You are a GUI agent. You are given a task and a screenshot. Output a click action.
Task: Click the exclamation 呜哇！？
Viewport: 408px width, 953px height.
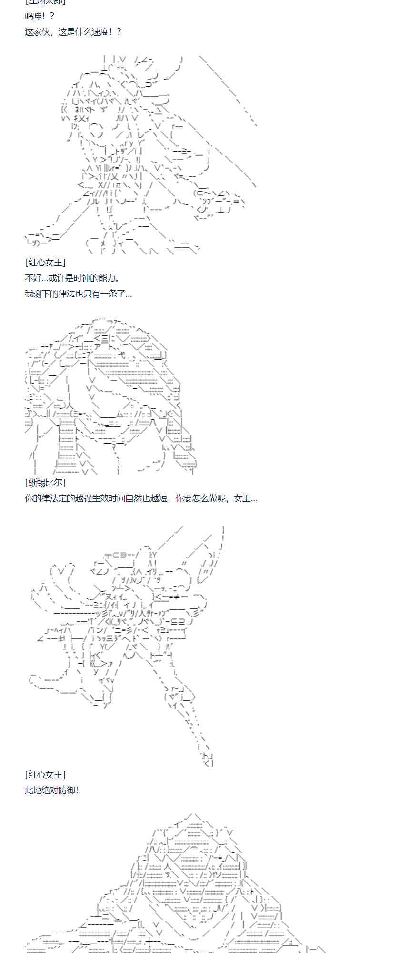click(x=40, y=16)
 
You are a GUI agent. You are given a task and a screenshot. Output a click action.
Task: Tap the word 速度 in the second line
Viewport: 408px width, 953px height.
click(x=100, y=32)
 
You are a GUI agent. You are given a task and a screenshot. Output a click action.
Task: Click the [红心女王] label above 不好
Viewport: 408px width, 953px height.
click(x=45, y=262)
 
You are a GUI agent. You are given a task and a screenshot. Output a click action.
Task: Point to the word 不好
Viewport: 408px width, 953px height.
click(x=33, y=278)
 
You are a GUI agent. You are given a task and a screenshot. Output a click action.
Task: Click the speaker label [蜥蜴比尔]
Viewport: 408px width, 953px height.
click(x=45, y=482)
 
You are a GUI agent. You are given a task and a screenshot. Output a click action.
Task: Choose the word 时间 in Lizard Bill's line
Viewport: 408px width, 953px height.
click(x=118, y=498)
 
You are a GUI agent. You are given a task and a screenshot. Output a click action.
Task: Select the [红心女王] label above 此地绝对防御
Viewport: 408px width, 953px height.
click(x=45, y=774)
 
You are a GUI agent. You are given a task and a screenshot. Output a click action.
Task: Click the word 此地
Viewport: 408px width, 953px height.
click(x=33, y=790)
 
